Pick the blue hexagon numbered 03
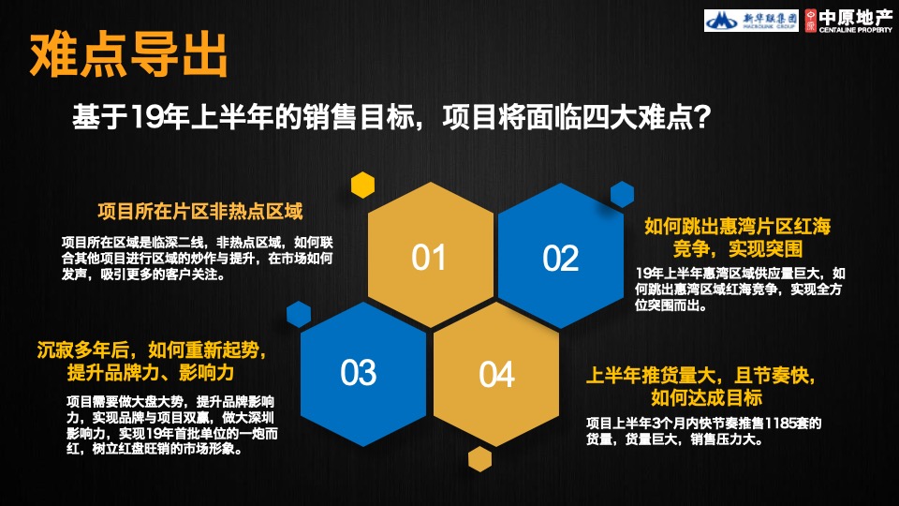(x=358, y=372)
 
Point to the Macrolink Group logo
(x=744, y=20)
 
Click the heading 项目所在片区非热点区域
(x=200, y=210)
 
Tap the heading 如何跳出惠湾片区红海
(x=738, y=227)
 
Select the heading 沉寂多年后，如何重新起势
(x=152, y=350)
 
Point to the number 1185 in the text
(x=782, y=423)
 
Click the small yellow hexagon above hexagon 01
(x=362, y=185)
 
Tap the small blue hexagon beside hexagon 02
(x=623, y=194)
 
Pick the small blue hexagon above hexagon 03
(x=299, y=314)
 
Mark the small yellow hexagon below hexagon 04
(x=480, y=459)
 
